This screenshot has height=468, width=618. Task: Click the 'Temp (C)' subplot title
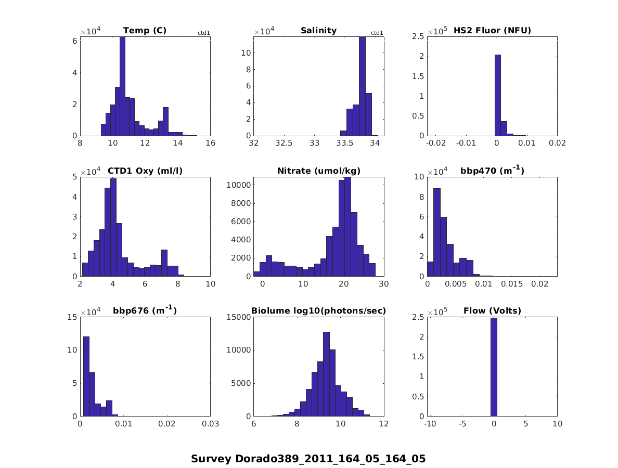[145, 30]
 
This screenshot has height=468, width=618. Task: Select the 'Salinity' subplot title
[318, 30]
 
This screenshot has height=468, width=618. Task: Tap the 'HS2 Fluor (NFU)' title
[492, 30]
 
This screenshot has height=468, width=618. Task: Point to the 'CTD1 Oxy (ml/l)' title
[145, 171]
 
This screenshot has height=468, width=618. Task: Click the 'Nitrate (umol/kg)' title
[318, 171]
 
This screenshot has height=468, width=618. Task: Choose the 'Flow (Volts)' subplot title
[492, 311]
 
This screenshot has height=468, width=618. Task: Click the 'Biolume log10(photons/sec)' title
[318, 311]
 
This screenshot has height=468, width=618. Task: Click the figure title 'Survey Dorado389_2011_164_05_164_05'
[308, 459]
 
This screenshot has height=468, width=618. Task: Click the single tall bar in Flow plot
[494, 367]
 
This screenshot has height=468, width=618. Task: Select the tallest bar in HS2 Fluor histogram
[497, 95]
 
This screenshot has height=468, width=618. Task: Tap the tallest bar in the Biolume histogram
[326, 374]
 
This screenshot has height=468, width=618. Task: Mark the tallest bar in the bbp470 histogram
[437, 232]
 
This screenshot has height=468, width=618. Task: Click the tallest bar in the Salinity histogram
[362, 86]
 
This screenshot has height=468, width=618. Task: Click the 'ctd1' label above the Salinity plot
[377, 33]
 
